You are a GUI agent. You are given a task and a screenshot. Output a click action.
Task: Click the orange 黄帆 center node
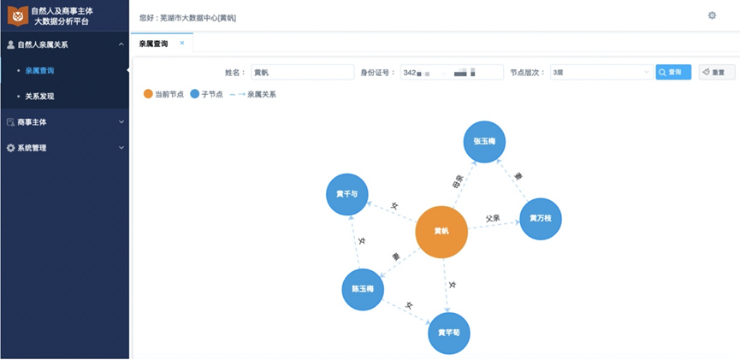tap(441, 232)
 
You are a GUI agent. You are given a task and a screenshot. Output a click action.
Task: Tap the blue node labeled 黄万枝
tap(540, 219)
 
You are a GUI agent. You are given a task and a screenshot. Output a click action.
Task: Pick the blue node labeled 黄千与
tap(347, 194)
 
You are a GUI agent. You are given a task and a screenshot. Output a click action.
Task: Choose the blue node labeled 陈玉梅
tap(363, 289)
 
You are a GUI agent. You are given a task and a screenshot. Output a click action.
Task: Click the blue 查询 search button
tap(673, 73)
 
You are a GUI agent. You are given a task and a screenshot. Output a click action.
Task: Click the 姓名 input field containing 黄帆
tap(302, 73)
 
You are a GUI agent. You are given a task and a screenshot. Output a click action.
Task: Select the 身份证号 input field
tap(452, 73)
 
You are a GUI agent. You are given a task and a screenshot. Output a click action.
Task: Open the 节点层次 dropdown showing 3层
tap(601, 73)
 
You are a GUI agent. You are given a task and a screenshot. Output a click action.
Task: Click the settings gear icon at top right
tap(712, 15)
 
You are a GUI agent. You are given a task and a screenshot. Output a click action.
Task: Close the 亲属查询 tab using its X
tap(182, 43)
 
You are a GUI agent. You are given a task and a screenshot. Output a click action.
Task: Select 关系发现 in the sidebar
tap(40, 97)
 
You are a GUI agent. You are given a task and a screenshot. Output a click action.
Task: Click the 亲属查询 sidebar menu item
tap(40, 70)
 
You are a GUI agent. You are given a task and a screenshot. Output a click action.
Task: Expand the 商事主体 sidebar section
tap(64, 122)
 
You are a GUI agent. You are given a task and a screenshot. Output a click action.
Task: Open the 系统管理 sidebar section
tap(64, 148)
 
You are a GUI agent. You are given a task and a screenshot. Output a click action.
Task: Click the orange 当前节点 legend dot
tap(149, 94)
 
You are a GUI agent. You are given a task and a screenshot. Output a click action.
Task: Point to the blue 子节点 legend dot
tap(195, 94)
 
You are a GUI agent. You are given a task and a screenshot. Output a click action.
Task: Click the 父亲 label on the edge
tap(492, 218)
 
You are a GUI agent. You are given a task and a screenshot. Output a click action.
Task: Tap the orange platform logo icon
tap(18, 15)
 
